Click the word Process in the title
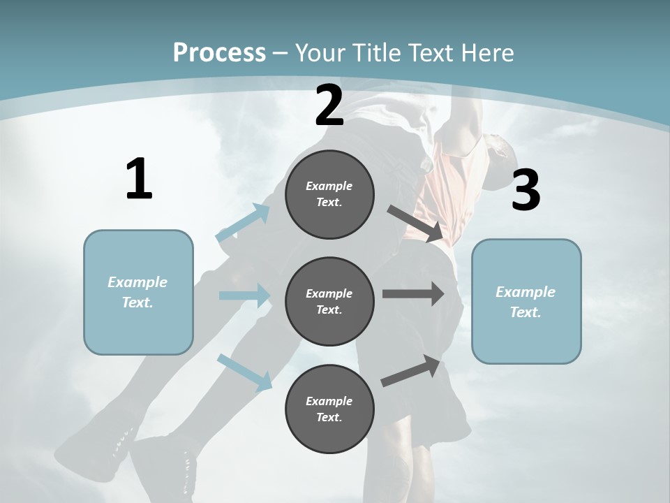point(219,52)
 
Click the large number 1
point(139,180)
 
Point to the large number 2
point(329,106)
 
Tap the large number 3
point(526,191)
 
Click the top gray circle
point(329,194)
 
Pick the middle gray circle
point(329,301)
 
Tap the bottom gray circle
point(329,409)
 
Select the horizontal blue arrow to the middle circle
point(244,296)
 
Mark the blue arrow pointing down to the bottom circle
point(245,372)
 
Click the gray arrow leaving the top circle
point(414,223)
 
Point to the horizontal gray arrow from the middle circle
point(412,294)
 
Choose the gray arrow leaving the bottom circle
point(411,371)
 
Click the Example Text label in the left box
point(137,292)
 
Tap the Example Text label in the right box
point(526,302)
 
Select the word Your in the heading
point(320,52)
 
